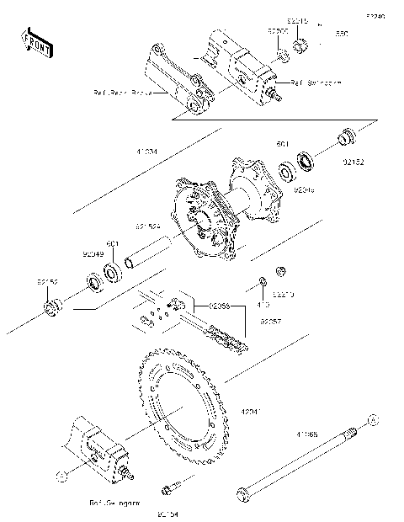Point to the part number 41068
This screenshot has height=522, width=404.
click(x=306, y=436)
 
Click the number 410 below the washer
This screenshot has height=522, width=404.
click(x=262, y=307)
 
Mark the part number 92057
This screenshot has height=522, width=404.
click(x=270, y=321)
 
